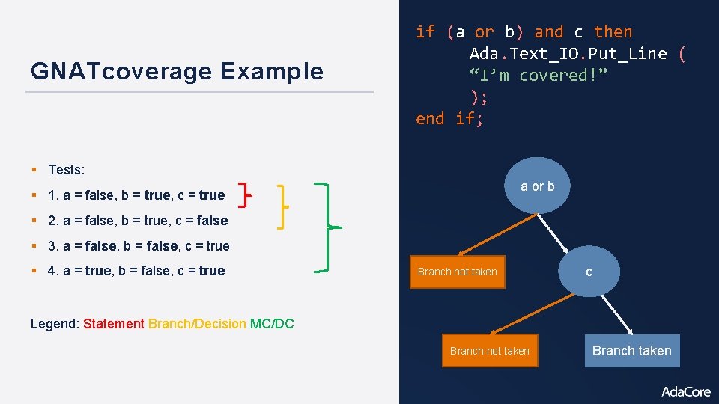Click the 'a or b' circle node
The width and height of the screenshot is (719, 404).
point(538,186)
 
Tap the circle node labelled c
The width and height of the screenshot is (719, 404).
point(589,272)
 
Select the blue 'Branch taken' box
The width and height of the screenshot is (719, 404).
point(631,351)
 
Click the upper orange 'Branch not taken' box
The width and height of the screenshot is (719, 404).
point(457,272)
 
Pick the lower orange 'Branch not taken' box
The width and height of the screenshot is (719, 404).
point(490,351)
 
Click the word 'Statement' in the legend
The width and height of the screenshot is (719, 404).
point(114,324)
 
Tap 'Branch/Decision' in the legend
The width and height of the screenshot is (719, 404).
point(197,324)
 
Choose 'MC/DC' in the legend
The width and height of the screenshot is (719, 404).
point(272,324)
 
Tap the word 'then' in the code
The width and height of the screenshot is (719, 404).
point(613,31)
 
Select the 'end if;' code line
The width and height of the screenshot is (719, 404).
point(449,118)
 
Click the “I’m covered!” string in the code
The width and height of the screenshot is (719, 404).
point(539,75)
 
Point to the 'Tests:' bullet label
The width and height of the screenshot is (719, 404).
point(66,170)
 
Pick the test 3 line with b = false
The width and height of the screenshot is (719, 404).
point(139,245)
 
